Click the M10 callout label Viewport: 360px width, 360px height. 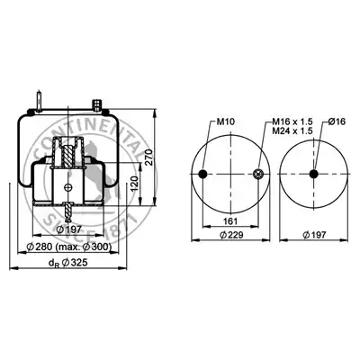225,121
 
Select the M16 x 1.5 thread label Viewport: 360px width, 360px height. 292,121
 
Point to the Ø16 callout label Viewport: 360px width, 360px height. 337,121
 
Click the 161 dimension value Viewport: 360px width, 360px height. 230,221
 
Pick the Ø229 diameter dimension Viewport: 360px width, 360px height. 231,235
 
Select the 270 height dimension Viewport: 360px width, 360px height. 149,157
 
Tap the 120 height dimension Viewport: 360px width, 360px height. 135,184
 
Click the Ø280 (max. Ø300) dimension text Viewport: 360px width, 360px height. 69,247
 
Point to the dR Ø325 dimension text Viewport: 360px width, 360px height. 67,263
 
